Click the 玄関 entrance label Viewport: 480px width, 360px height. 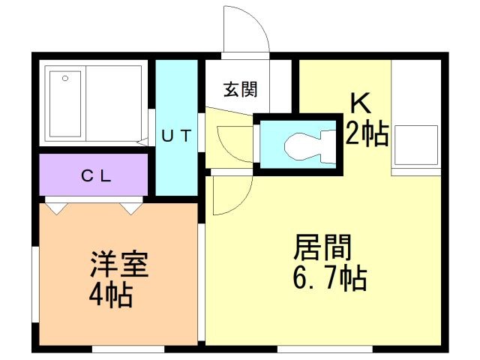[x=241, y=89]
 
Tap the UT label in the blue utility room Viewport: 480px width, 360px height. [x=177, y=136]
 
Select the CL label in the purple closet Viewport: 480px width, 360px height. [x=96, y=175]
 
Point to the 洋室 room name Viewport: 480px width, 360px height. [x=119, y=264]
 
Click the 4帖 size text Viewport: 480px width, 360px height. [x=111, y=294]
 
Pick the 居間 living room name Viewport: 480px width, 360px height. [x=322, y=247]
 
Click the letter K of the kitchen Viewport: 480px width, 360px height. [x=361, y=103]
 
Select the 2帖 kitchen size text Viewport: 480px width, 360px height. [x=367, y=133]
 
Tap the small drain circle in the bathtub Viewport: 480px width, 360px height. [x=65, y=78]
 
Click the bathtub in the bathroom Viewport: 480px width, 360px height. [x=65, y=104]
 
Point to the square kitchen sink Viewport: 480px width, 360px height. [x=415, y=145]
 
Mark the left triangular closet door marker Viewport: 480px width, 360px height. [x=57, y=208]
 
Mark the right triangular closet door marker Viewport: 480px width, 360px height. [x=131, y=208]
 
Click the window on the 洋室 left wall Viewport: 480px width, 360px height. [x=36, y=285]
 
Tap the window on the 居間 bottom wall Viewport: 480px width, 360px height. [x=325, y=349]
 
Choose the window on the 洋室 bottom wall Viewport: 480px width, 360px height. [x=128, y=349]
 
